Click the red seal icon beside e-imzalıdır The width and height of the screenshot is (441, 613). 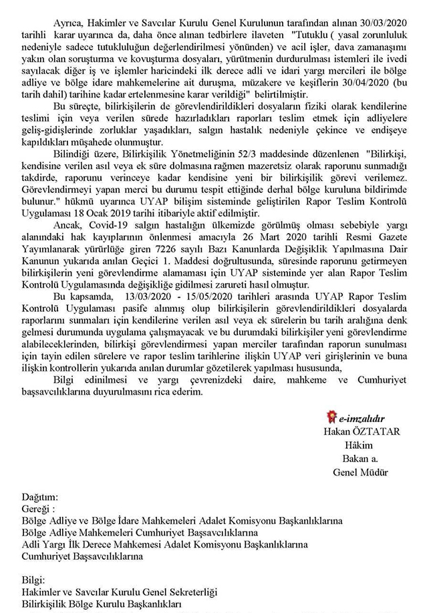(332, 419)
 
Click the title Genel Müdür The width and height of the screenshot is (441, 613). (359, 472)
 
